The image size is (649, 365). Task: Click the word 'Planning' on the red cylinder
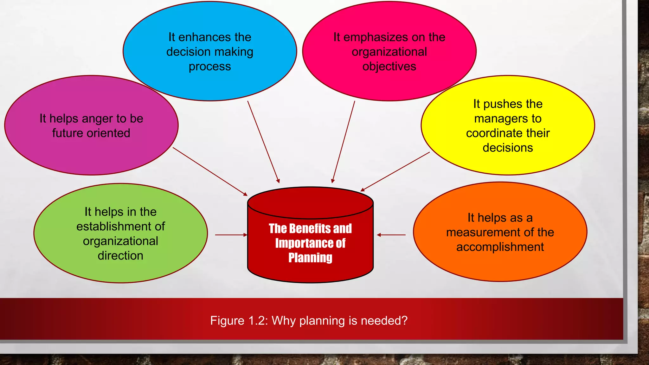[310, 258]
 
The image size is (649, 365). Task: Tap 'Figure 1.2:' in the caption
[239, 321]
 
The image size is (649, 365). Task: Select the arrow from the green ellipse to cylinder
[231, 235]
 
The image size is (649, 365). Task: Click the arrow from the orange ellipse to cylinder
[391, 235]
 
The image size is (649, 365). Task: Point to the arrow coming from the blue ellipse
[263, 142]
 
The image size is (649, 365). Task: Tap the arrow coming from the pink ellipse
[343, 142]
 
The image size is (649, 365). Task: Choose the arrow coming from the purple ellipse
[210, 171]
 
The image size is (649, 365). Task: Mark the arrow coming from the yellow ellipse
[395, 172]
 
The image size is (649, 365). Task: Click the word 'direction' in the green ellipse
[120, 256]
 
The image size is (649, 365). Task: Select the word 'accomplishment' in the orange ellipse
[500, 247]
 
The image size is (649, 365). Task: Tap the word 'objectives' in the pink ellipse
[389, 67]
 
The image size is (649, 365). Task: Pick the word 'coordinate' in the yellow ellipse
[494, 133]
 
